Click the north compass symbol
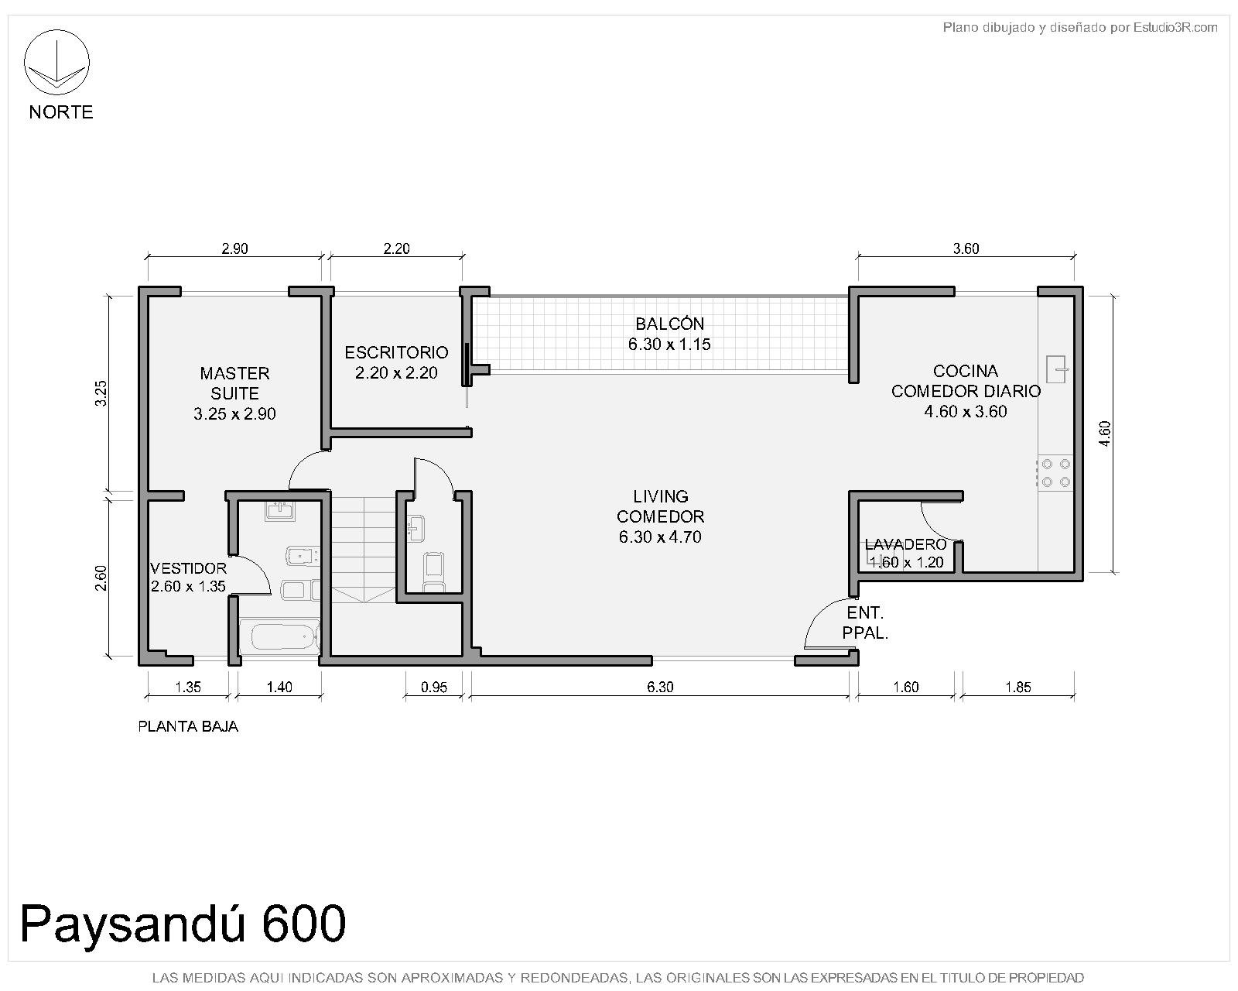56,62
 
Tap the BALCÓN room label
669,324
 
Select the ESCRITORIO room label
396,352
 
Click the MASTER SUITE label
234,383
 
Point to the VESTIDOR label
188,568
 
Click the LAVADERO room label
905,544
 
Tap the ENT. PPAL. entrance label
864,622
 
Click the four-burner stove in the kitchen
1055,473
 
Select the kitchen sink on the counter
1057,369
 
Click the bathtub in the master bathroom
279,637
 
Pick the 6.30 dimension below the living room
660,687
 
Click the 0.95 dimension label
434,687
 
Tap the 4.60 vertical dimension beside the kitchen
1105,434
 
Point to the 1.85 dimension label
1017,687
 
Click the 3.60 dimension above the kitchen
966,249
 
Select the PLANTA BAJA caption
188,727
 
